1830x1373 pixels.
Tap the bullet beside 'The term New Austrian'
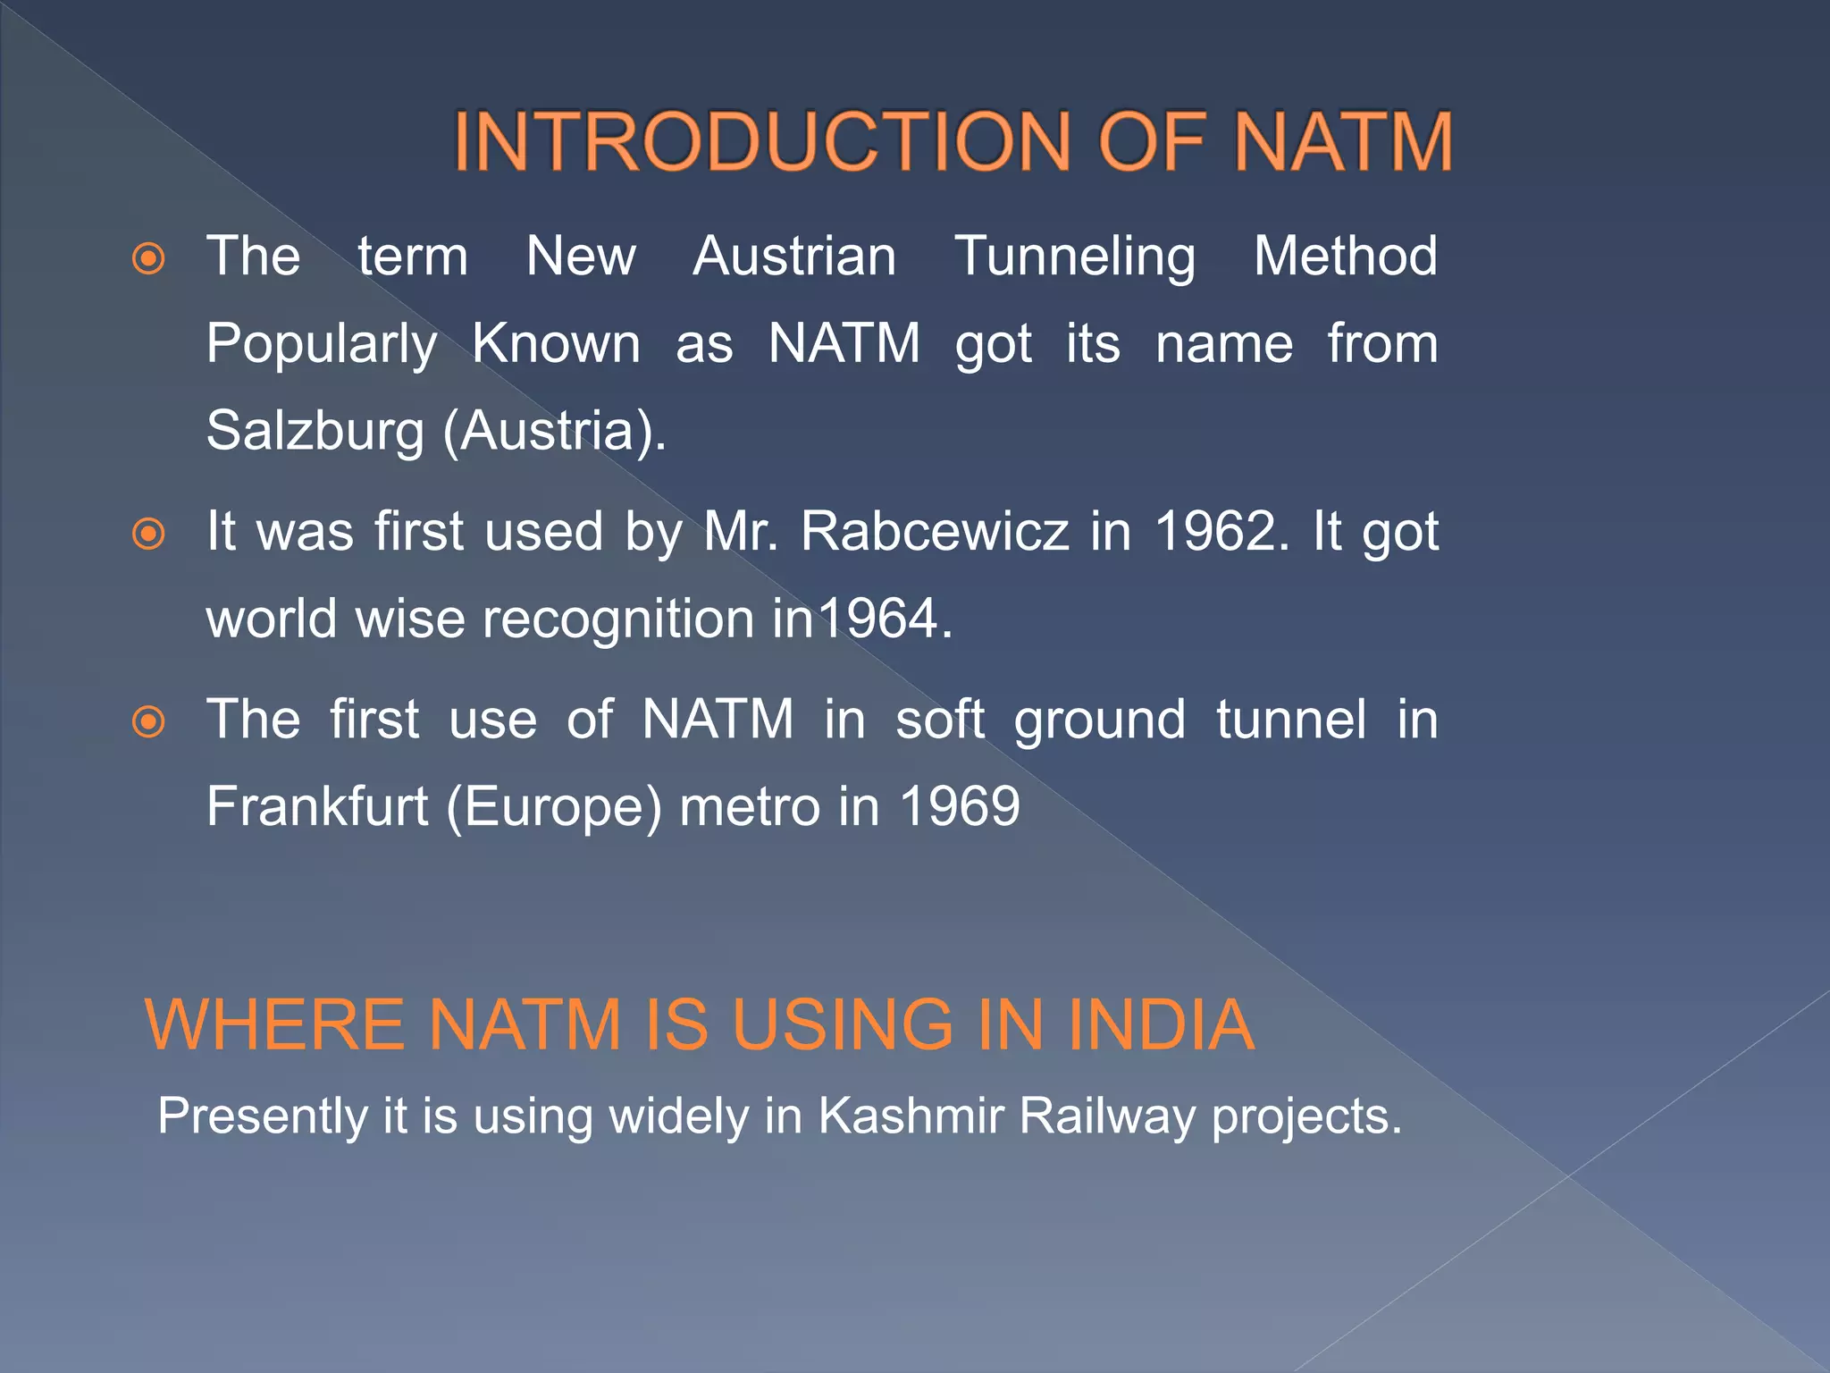[148, 259]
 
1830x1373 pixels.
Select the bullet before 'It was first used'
[148, 534]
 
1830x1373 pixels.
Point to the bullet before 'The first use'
[148, 721]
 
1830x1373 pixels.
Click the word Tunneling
[1075, 257]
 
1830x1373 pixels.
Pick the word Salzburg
[315, 431]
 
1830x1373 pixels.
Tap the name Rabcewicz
[935, 532]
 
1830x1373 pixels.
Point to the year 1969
[960, 806]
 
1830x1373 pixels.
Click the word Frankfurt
[317, 806]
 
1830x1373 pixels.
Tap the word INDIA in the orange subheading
[1161, 1024]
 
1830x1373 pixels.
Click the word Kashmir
[911, 1116]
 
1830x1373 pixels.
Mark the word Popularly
[322, 345]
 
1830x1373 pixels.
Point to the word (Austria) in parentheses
[555, 432]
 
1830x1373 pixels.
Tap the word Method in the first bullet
[1346, 257]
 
